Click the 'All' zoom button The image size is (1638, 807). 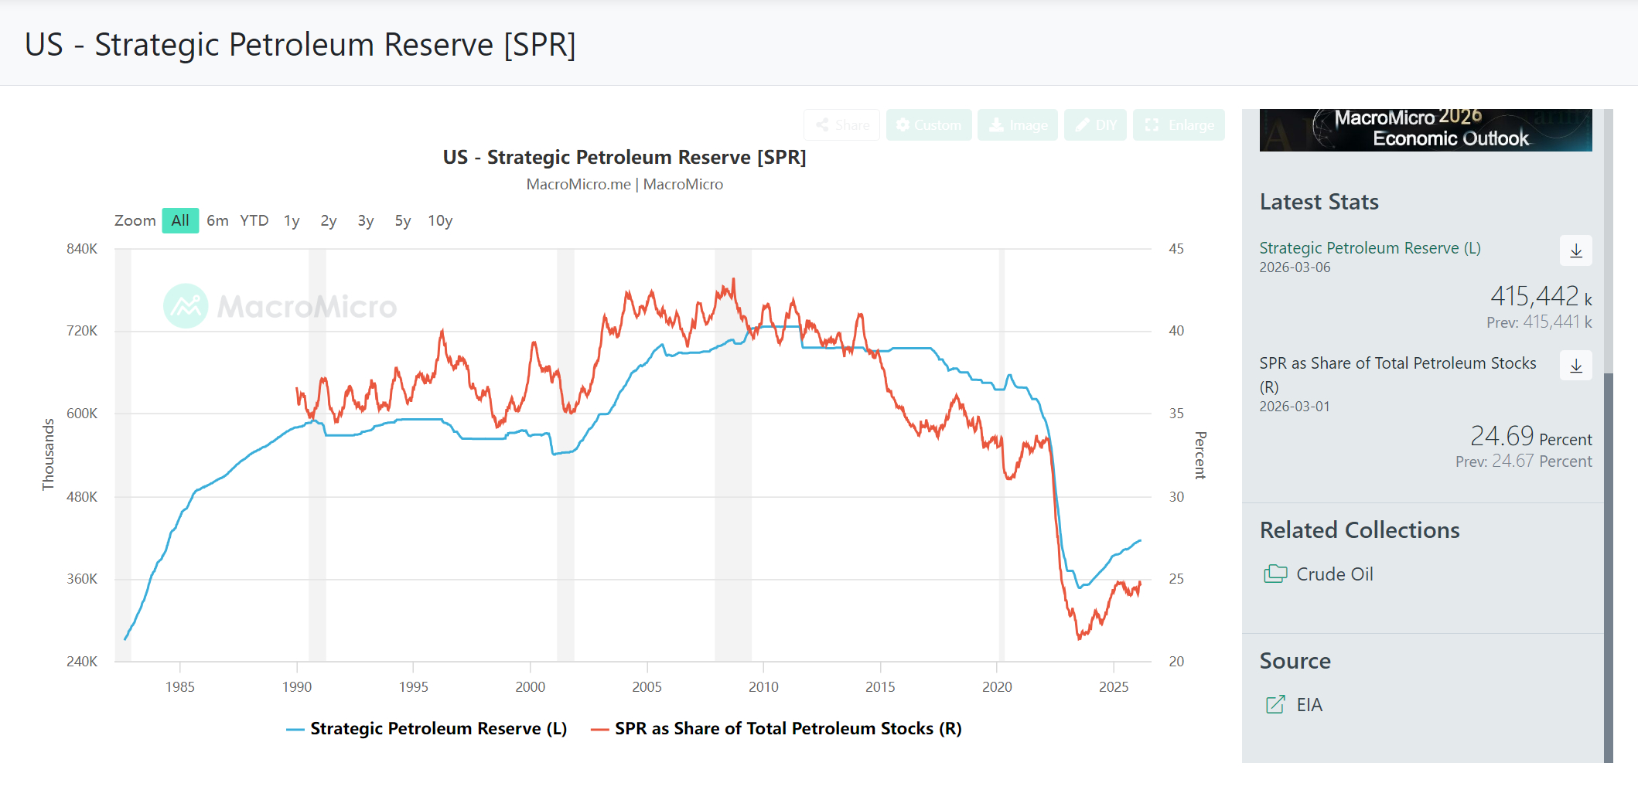[x=180, y=220]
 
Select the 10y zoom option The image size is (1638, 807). [x=440, y=220]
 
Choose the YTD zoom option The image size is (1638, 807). [x=254, y=220]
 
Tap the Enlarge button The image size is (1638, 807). [x=1179, y=125]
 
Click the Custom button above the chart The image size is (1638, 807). [x=928, y=125]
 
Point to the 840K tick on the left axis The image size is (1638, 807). [x=82, y=249]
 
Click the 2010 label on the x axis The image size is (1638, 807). [x=763, y=686]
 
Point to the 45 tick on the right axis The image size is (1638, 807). [x=1176, y=249]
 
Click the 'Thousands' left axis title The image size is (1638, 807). [x=49, y=455]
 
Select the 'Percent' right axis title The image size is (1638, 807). [x=1200, y=455]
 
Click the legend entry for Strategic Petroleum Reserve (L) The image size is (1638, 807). [x=426, y=728]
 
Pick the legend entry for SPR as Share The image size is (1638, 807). [x=776, y=728]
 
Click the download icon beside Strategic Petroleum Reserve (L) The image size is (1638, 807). [x=1575, y=250]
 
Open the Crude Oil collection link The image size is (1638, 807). [x=1334, y=574]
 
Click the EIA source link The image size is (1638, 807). [x=1309, y=705]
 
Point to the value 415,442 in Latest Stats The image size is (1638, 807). [x=1534, y=296]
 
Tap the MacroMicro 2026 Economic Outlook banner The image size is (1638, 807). [x=1425, y=130]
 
